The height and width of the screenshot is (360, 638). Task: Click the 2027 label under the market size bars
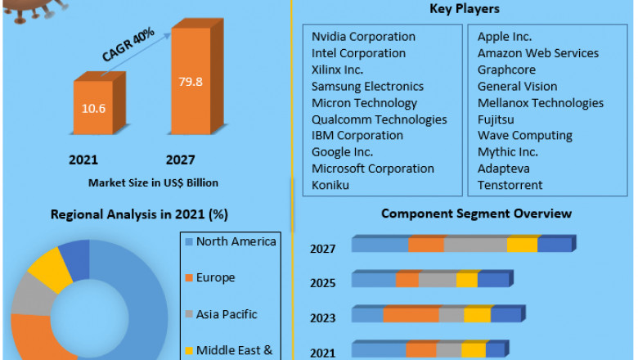click(x=180, y=160)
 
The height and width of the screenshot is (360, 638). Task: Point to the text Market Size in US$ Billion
click(x=154, y=182)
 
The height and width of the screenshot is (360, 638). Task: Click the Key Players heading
click(x=464, y=9)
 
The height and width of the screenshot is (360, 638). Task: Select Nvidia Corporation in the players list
click(x=363, y=37)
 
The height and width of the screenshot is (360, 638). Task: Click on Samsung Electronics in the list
click(x=367, y=86)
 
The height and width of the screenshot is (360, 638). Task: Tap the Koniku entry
click(x=330, y=185)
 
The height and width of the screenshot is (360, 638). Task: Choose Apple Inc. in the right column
click(x=505, y=37)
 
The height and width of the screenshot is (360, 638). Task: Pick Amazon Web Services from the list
click(x=538, y=53)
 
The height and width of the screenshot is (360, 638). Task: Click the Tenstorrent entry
click(x=510, y=185)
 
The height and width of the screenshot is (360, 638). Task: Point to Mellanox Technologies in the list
click(x=541, y=103)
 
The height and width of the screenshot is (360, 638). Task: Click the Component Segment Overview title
click(x=476, y=214)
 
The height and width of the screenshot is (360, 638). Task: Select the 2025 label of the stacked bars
click(x=322, y=283)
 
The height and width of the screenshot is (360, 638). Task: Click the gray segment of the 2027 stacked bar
click(x=475, y=245)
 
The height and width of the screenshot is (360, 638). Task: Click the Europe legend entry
click(x=215, y=277)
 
